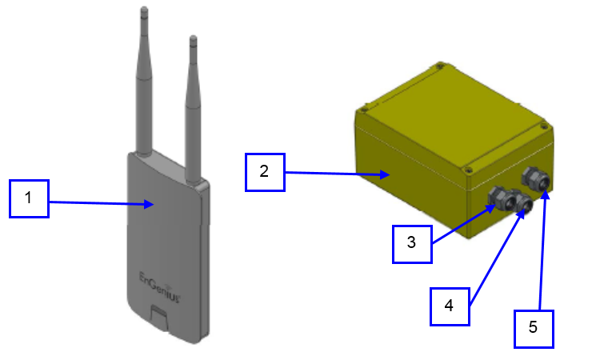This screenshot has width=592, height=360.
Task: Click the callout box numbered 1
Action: [29, 198]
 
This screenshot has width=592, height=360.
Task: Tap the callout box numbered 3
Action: [411, 242]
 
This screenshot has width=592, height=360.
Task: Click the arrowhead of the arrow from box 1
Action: [150, 205]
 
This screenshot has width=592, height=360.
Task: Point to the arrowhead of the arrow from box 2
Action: [386, 174]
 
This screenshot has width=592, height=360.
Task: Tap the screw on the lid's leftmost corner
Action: [364, 104]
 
